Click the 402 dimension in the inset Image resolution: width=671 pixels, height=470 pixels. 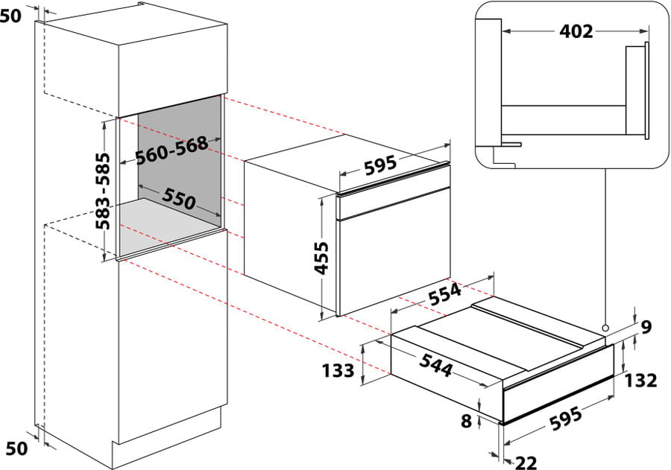click(576, 31)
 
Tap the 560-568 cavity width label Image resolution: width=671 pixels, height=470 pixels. click(171, 150)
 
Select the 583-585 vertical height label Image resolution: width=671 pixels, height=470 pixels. click(102, 191)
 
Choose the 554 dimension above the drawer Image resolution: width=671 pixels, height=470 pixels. click(446, 294)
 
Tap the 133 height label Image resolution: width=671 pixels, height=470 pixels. click(338, 370)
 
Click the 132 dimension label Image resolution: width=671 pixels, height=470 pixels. click(640, 380)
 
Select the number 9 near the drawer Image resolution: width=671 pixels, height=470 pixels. click(646, 327)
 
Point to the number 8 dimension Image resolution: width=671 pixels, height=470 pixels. click(466, 422)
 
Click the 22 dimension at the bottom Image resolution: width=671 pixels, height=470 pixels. click(526, 463)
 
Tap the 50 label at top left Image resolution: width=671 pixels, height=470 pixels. click(10, 16)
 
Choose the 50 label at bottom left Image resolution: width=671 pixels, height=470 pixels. click(16, 448)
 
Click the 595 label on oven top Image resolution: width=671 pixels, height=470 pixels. click(380, 165)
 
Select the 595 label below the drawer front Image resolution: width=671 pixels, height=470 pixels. click(566, 419)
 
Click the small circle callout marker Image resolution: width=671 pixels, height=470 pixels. click(605, 328)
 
